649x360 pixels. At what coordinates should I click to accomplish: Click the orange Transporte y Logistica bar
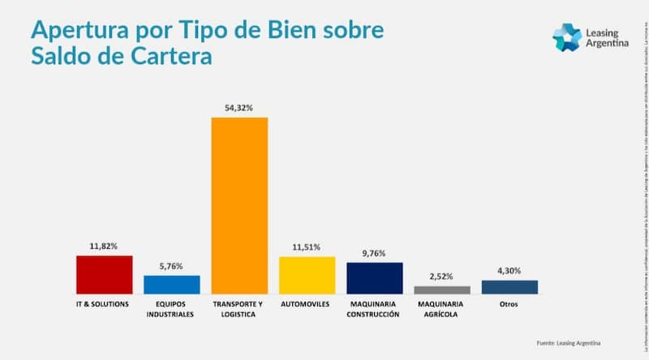click(x=239, y=205)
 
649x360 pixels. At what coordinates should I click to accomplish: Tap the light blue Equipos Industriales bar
click(x=171, y=284)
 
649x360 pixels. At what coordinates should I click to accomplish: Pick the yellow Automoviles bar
click(x=307, y=275)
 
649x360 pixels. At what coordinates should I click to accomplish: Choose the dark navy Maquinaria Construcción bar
click(x=374, y=277)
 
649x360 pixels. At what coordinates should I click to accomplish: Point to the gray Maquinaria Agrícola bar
click(x=441, y=289)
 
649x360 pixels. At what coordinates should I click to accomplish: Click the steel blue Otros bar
click(x=509, y=286)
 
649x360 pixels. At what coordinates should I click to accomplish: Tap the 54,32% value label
click(x=239, y=107)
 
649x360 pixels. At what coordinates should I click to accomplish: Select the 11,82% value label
click(x=104, y=245)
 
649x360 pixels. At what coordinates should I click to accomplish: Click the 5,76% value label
click(x=171, y=265)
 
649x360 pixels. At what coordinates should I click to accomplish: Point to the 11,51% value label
click(x=307, y=246)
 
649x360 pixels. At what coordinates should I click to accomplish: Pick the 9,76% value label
click(x=374, y=252)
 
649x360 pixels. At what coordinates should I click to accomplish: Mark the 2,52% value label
click(x=441, y=276)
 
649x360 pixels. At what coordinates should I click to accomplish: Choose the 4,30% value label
click(x=509, y=270)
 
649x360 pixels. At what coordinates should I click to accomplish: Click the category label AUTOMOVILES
click(x=307, y=305)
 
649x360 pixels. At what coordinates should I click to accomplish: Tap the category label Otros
click(x=509, y=305)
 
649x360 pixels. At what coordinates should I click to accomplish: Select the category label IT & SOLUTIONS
click(x=104, y=305)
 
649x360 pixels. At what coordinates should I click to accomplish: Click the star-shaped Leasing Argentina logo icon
click(x=566, y=37)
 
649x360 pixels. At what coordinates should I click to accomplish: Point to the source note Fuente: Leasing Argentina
click(x=569, y=342)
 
